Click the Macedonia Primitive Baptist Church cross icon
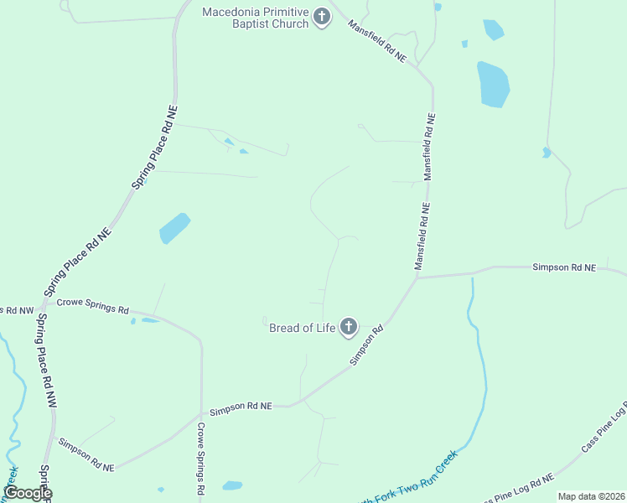click(322, 18)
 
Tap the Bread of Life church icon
click(348, 328)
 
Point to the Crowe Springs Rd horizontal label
click(92, 309)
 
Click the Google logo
click(28, 493)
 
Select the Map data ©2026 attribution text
click(591, 496)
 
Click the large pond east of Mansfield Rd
click(493, 84)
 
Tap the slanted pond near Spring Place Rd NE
click(174, 227)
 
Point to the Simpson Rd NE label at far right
click(563, 267)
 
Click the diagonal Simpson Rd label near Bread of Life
click(366, 345)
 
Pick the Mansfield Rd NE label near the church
click(377, 42)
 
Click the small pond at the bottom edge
click(232, 485)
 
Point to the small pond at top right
click(494, 30)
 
